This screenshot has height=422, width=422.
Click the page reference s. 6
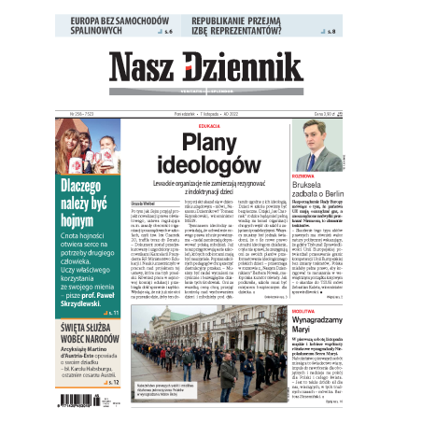click(x=168, y=33)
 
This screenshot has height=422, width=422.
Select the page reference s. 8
click(x=332, y=33)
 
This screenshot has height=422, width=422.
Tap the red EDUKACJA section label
click(x=209, y=124)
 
